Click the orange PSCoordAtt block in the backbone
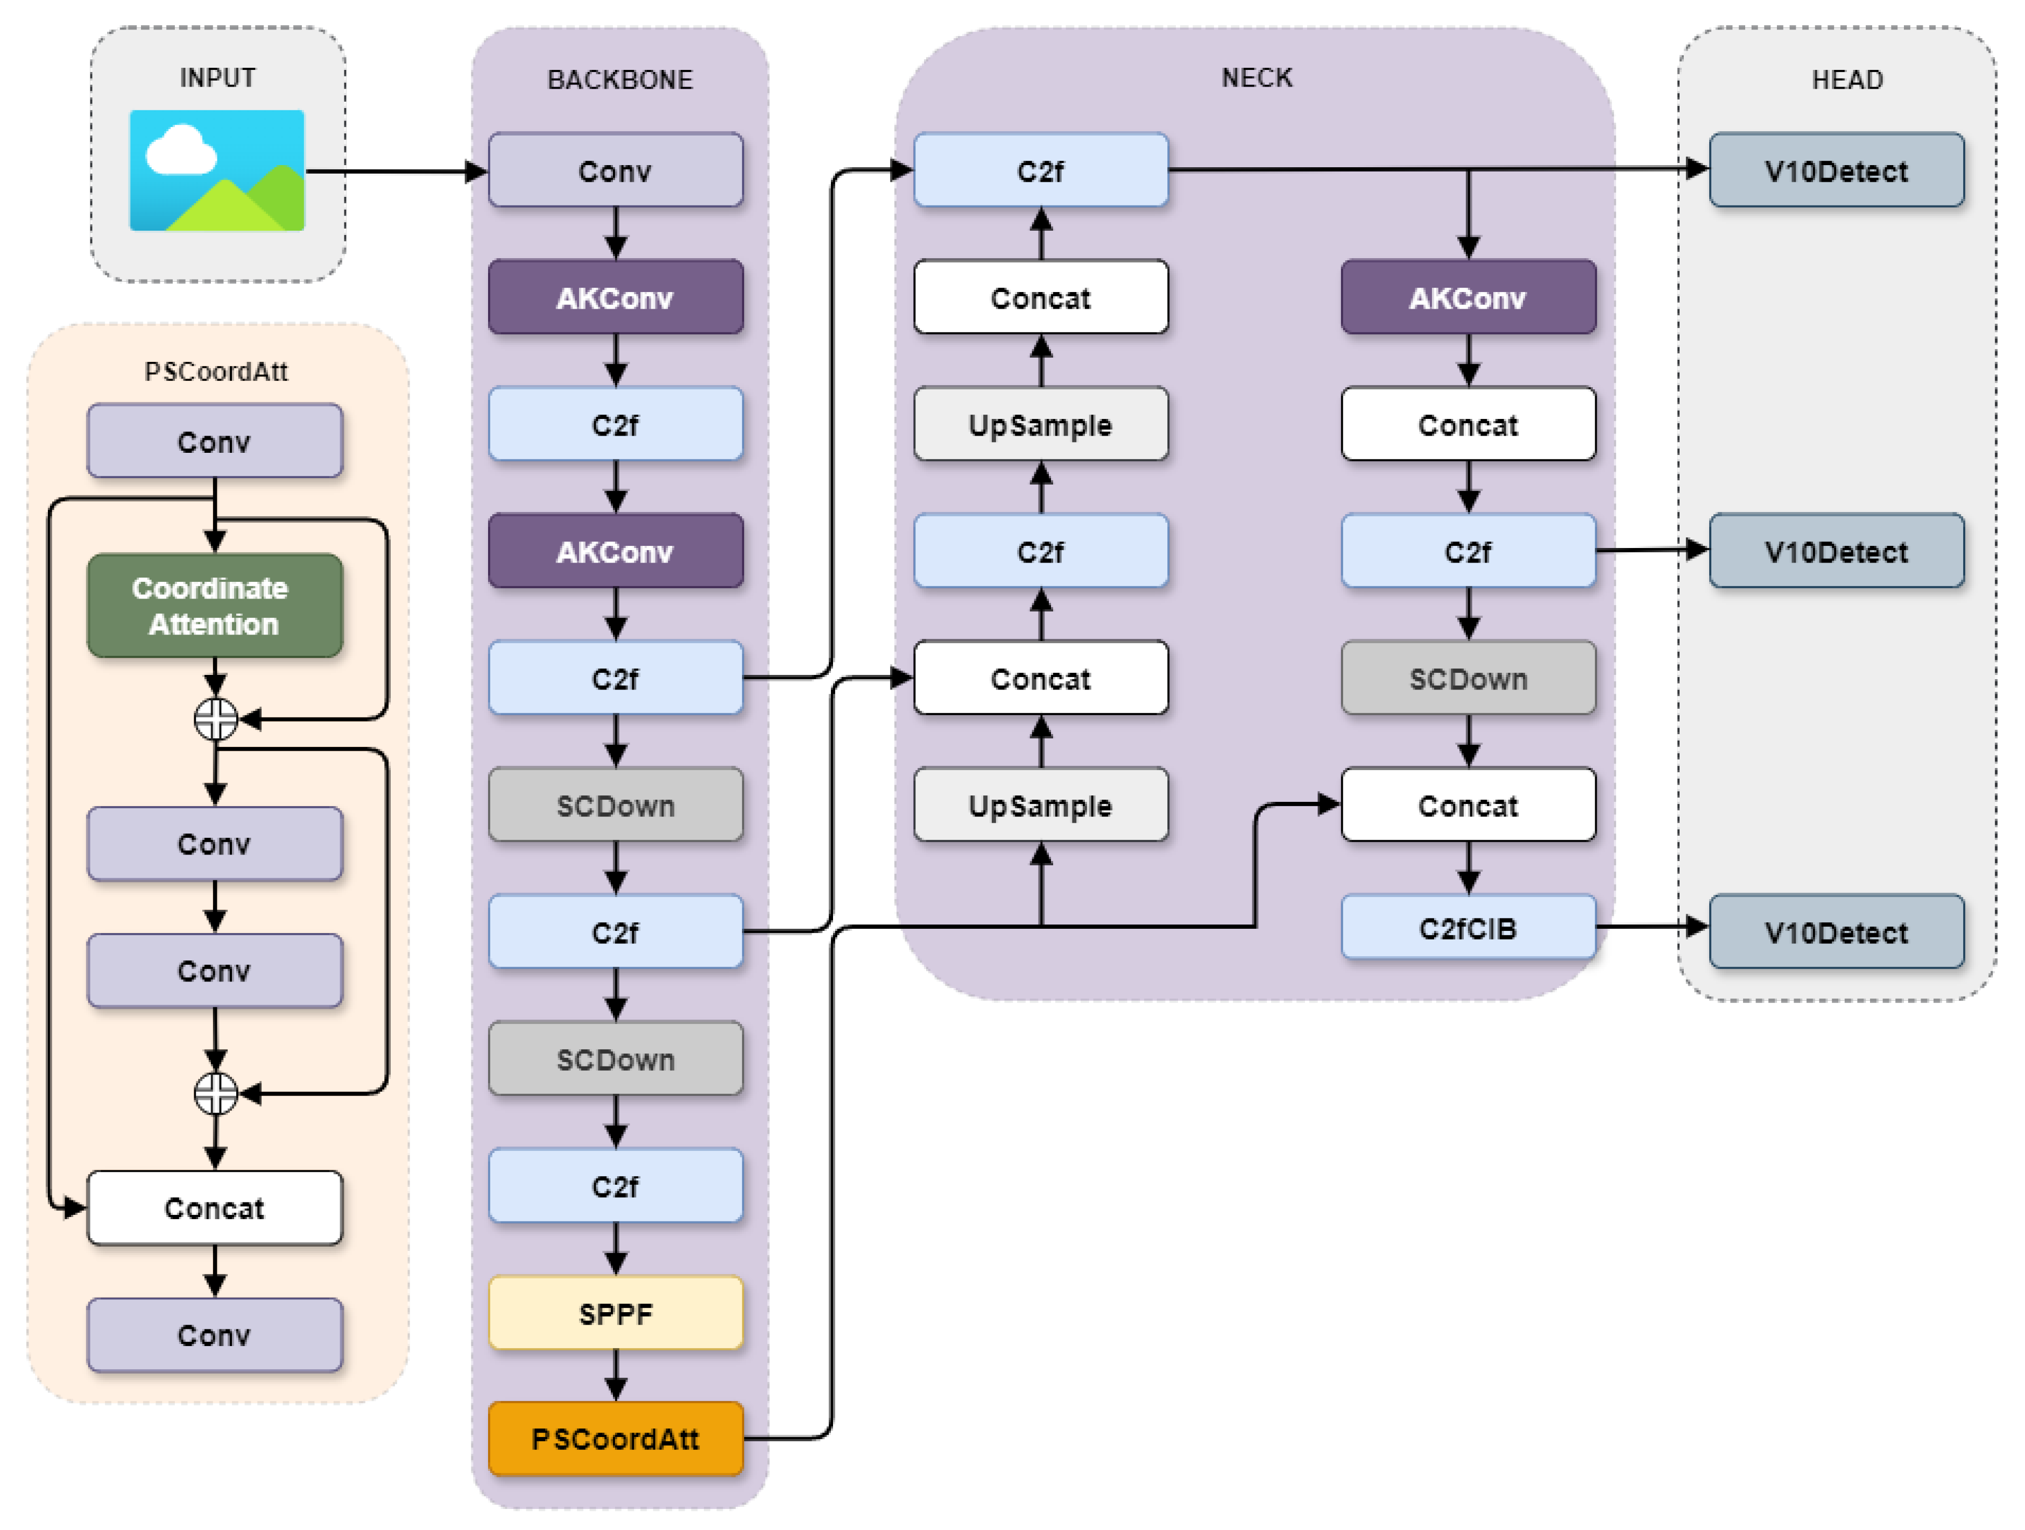615,1439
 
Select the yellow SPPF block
615,1313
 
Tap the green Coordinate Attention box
214,606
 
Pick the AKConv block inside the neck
1467,297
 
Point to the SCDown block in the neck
1467,678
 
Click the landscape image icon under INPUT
217,170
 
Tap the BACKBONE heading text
620,80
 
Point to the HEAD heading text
1846,80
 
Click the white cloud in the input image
181,152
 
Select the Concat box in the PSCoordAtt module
214,1208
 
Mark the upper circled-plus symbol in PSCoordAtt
216,719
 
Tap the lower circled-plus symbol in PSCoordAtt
216,1093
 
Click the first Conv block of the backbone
615,170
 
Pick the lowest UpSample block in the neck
1040,805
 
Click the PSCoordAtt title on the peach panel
216,372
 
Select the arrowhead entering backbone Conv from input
476,171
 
